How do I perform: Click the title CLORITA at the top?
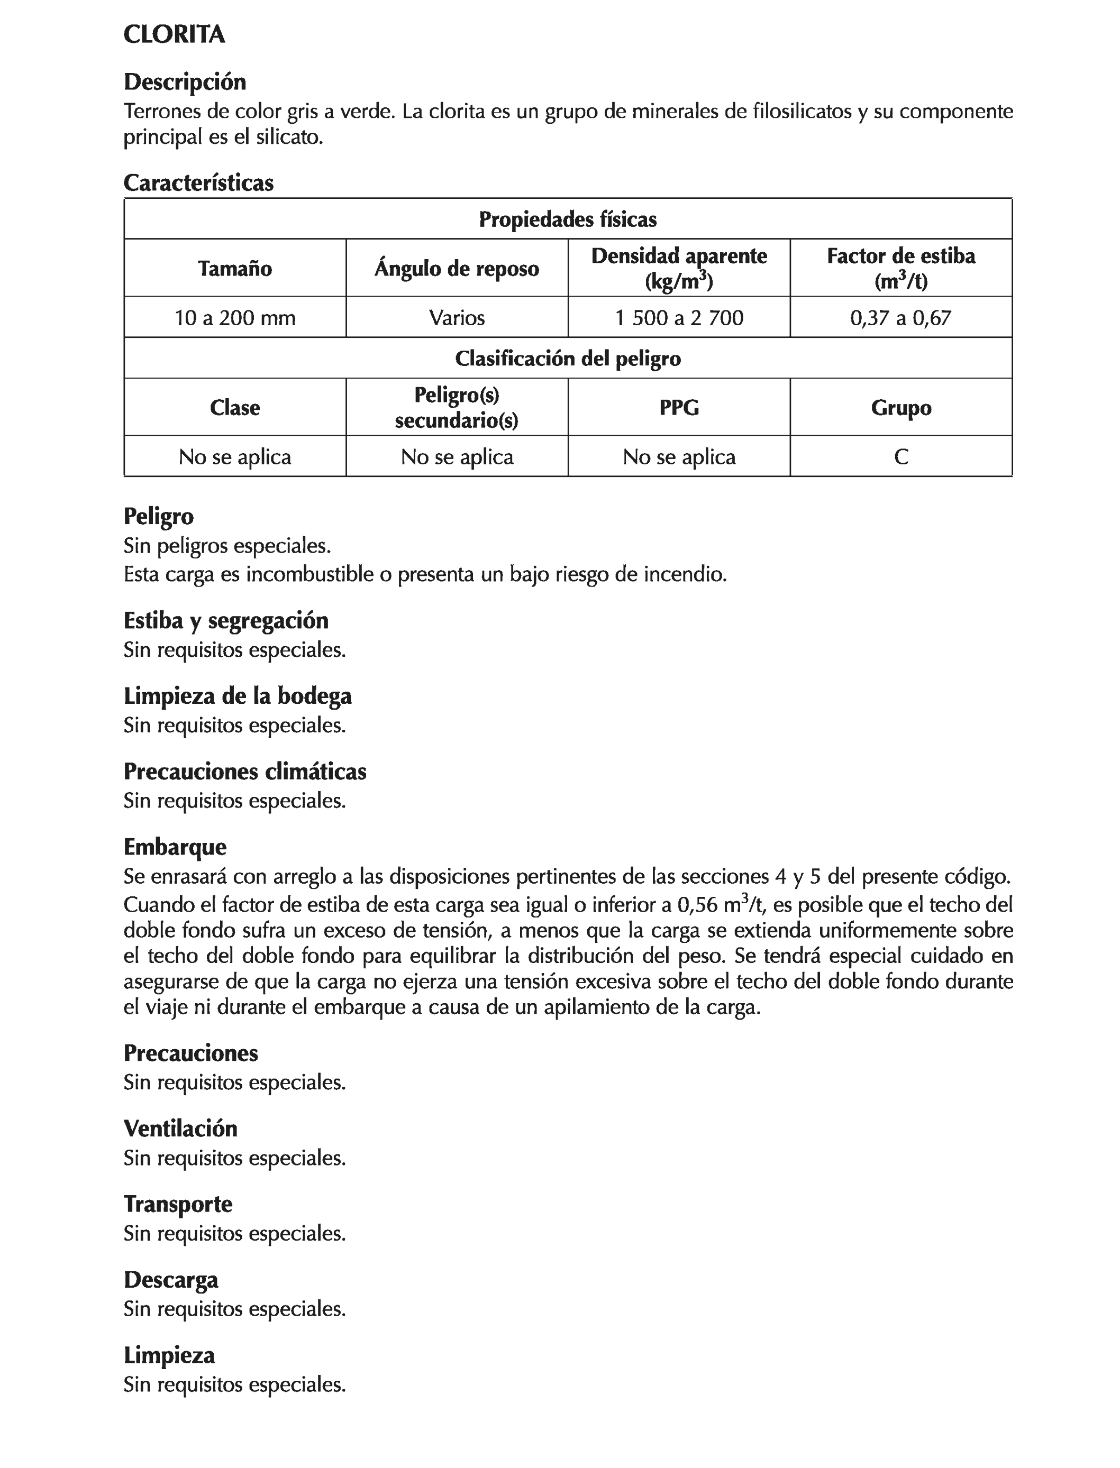[x=174, y=35]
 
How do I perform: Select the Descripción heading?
[x=185, y=82]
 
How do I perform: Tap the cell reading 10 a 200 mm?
[x=235, y=318]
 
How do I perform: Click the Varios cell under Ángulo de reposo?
[x=457, y=318]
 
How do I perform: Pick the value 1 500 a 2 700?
[x=679, y=318]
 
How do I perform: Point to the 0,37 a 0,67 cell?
[x=900, y=318]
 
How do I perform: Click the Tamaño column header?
[x=235, y=269]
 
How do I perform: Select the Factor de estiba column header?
[x=900, y=269]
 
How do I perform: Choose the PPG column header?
[x=679, y=408]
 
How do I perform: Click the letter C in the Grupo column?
[x=900, y=457]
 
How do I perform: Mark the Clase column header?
[x=235, y=408]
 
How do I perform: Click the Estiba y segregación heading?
[x=226, y=620]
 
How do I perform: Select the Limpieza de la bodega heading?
[x=238, y=696]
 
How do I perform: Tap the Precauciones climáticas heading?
[x=244, y=772]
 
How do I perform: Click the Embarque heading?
[x=175, y=847]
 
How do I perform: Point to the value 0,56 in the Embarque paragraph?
[x=697, y=905]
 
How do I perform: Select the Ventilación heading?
[x=180, y=1129]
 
